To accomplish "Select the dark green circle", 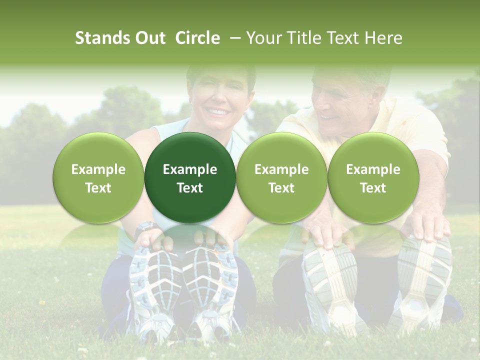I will coord(190,177).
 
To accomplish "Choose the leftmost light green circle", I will coord(98,177).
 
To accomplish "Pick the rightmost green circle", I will coord(373,177).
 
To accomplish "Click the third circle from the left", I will coord(281,177).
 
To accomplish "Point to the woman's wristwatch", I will coord(145,227).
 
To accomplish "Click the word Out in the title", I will coord(149,38).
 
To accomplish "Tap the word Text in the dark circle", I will coord(190,188).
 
